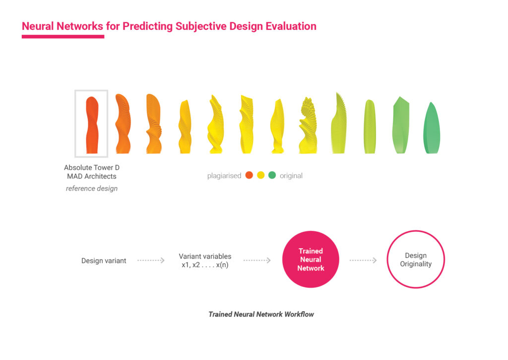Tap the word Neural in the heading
pyautogui.click(x=38, y=26)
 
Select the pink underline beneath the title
pyautogui.click(x=63, y=37)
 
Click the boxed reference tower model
pyautogui.click(x=92, y=125)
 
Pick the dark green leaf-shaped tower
pyautogui.click(x=432, y=128)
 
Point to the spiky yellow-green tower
pyautogui.click(x=339, y=123)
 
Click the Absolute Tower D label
pyautogui.click(x=92, y=168)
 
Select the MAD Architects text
pyautogui.click(x=92, y=176)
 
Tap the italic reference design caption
pyautogui.click(x=92, y=188)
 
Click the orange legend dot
pyautogui.click(x=249, y=175)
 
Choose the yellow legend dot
pyautogui.click(x=261, y=175)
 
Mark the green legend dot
pyautogui.click(x=272, y=175)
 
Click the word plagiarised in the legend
pyautogui.click(x=224, y=176)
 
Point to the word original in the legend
pyautogui.click(x=291, y=176)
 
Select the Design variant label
pyautogui.click(x=104, y=261)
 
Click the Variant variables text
pyautogui.click(x=205, y=256)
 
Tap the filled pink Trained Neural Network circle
pyautogui.click(x=311, y=260)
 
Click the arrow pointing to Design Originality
pyautogui.click(x=363, y=260)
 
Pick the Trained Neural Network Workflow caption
pyautogui.click(x=261, y=314)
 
